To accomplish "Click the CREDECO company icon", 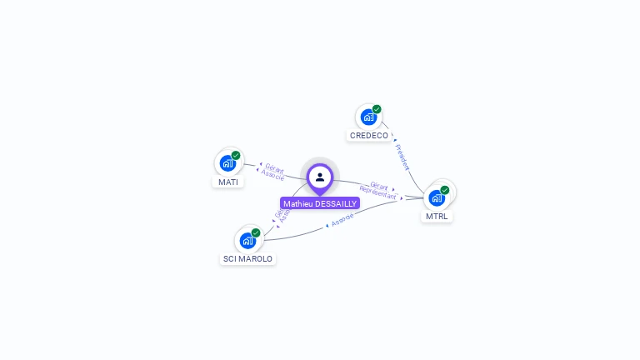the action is pos(367,117).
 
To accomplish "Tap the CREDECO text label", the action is pos(369,135).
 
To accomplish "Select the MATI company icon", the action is pos(227,163).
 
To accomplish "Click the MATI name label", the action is pos(228,182).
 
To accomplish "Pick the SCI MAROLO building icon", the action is pos(247,241).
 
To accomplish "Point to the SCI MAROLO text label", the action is pos(247,259).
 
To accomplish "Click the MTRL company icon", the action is pos(437,198).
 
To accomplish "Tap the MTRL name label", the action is pos(437,217).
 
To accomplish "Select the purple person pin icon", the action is pos(320,177).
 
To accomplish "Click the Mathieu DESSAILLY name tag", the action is pos(320,203).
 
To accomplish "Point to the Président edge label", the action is pos(402,157).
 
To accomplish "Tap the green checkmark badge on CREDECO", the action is pos(377,109).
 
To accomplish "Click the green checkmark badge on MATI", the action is pos(236,155).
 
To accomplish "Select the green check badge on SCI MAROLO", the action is pos(256,232).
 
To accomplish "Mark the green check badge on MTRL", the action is pos(445,190).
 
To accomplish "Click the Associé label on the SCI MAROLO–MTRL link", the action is pos(342,220).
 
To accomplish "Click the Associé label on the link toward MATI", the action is pos(272,175).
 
